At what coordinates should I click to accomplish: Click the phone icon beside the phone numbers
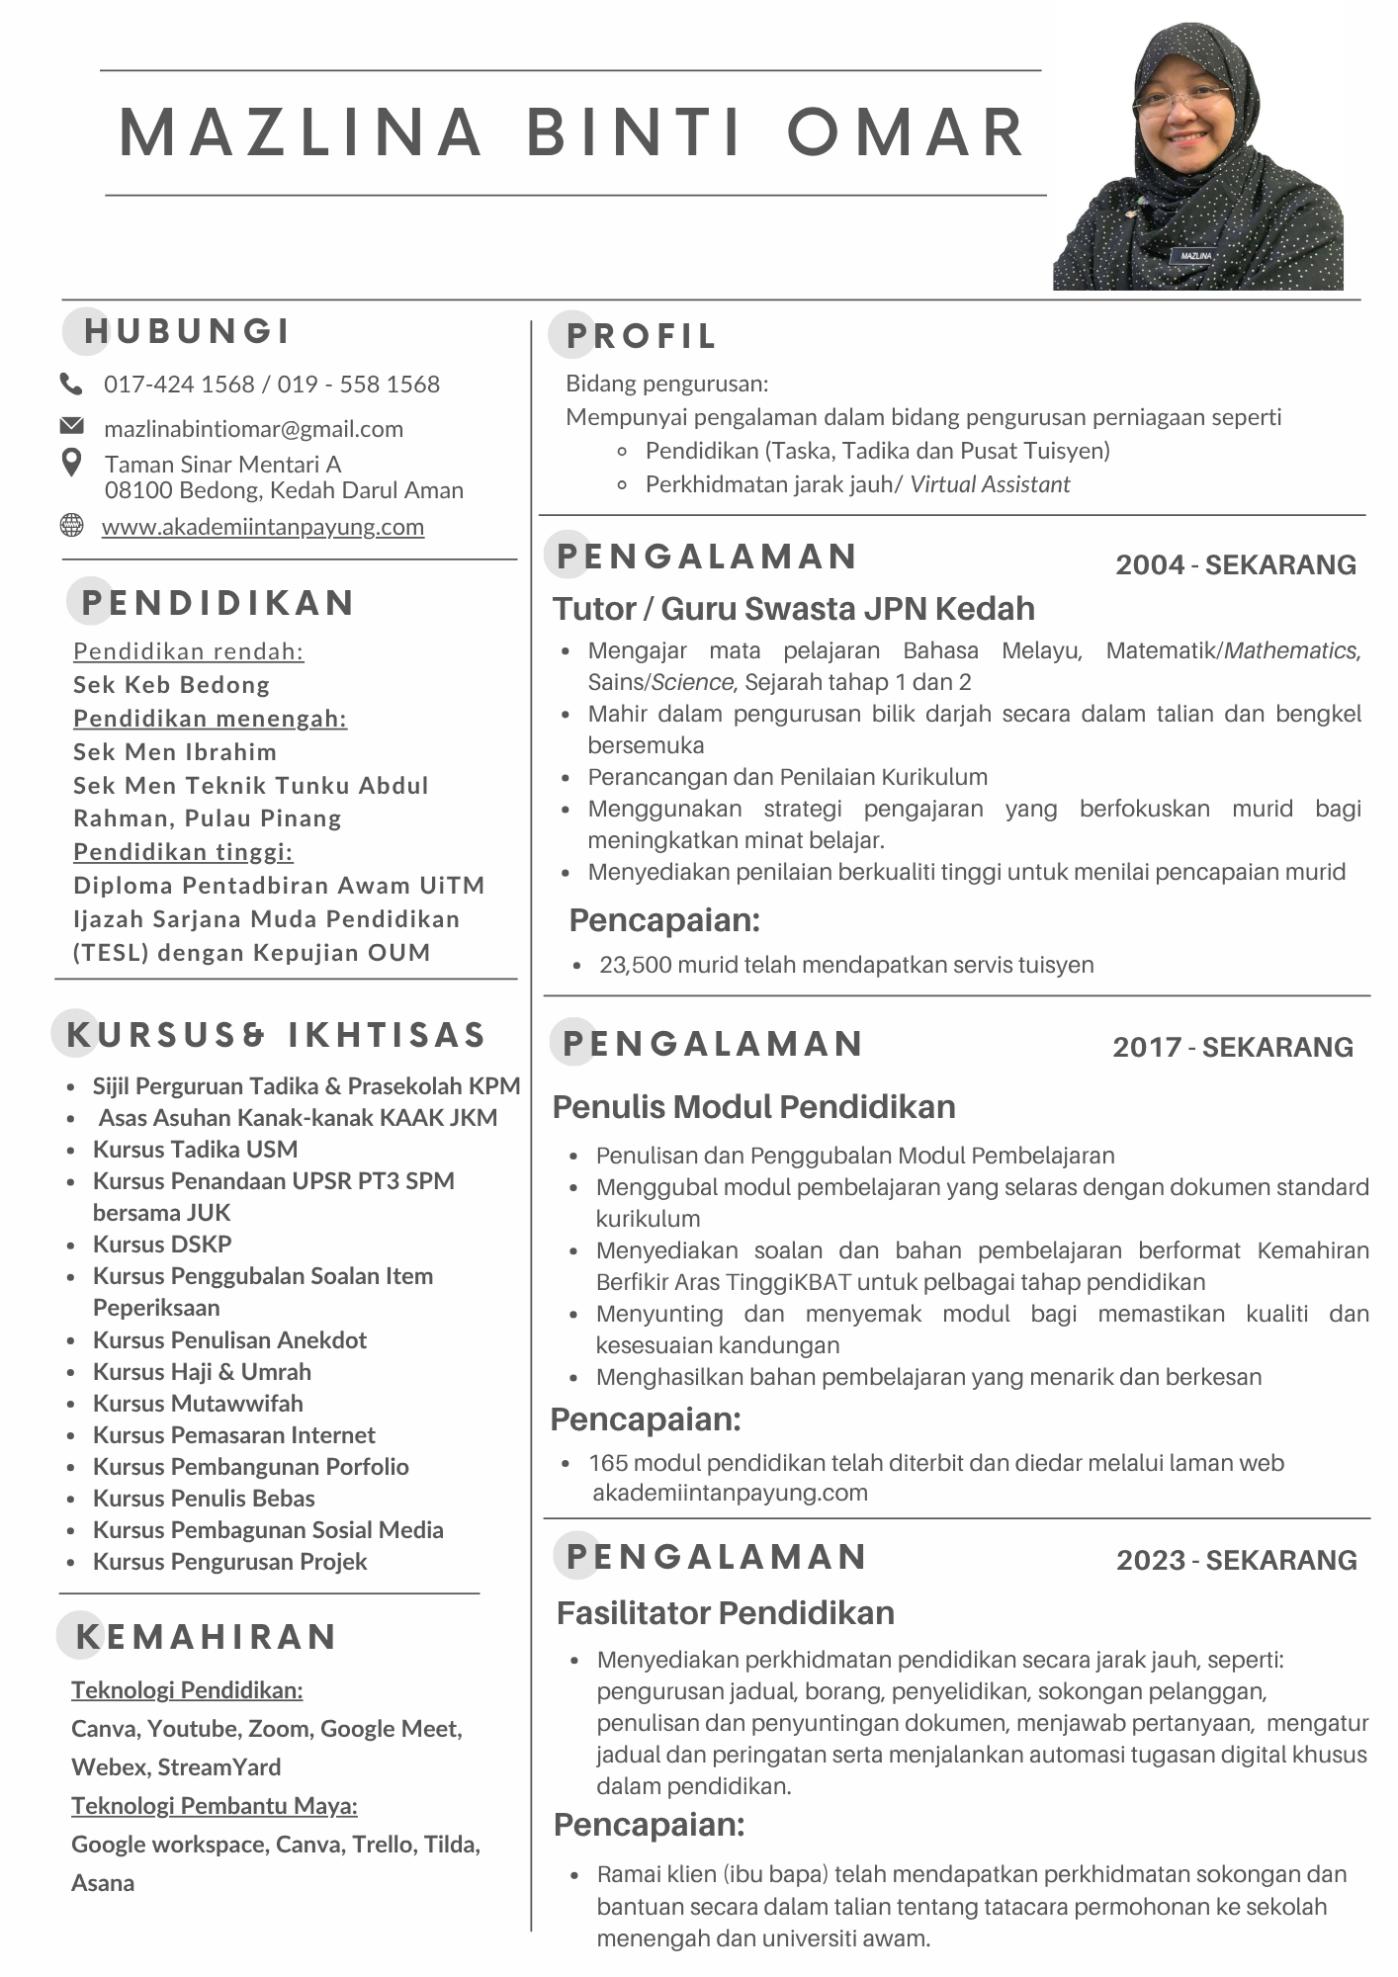(x=71, y=384)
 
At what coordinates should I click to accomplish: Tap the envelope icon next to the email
(x=71, y=426)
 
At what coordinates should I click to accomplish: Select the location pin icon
(x=71, y=463)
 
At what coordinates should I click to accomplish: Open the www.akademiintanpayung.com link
(x=262, y=527)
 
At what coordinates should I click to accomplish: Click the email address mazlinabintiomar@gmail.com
(x=253, y=429)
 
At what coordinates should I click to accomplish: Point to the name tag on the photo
(x=1195, y=255)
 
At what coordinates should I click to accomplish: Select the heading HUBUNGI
(x=187, y=331)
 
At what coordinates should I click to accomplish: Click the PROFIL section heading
(x=641, y=336)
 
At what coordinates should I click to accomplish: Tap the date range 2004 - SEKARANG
(x=1235, y=564)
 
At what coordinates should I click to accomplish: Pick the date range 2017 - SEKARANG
(x=1232, y=1047)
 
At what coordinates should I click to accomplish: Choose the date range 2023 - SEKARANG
(x=1236, y=1560)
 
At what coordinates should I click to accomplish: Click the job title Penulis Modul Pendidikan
(x=753, y=1107)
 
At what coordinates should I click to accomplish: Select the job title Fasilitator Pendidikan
(x=725, y=1613)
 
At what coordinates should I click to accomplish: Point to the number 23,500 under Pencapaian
(x=635, y=965)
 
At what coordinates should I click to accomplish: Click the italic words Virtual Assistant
(x=990, y=484)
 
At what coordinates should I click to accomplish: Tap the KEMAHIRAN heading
(x=207, y=1637)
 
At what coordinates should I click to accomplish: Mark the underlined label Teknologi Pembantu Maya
(x=214, y=1806)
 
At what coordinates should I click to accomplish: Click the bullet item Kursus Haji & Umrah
(x=202, y=1372)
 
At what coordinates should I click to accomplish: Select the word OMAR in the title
(x=906, y=132)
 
